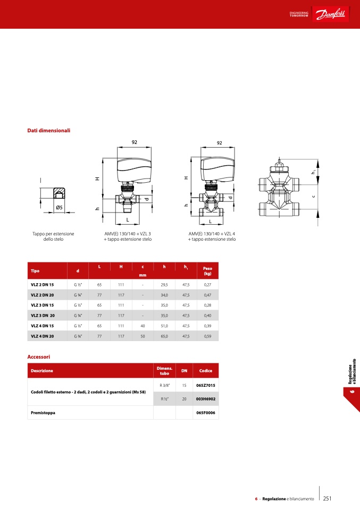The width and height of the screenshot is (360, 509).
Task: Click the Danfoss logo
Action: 330,14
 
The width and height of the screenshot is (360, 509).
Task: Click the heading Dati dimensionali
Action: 49,131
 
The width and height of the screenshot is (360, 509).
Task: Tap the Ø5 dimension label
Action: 59,207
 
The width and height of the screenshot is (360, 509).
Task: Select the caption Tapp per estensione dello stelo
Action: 53,236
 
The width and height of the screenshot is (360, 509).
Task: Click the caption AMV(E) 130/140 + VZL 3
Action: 128,234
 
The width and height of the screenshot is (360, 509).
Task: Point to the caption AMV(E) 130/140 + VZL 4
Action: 212,234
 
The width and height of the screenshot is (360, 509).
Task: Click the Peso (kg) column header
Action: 207,271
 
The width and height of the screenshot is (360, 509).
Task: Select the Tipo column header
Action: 35,271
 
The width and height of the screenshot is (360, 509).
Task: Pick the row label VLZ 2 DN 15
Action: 42,285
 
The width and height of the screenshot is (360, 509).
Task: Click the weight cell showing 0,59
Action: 207,336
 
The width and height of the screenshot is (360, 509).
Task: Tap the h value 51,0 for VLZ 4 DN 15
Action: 164,326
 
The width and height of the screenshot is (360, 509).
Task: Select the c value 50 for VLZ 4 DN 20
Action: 143,336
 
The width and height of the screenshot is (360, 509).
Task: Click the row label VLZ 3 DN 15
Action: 42,305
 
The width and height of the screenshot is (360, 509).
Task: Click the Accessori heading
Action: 39,357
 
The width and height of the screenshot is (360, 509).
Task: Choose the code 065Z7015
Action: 206,385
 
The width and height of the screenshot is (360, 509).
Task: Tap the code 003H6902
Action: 206,399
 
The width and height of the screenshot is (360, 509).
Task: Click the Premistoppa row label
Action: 43,413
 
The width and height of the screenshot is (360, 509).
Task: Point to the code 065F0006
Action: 206,413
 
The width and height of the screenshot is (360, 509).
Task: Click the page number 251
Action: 327,498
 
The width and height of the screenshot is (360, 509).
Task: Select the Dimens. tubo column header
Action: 164,371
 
